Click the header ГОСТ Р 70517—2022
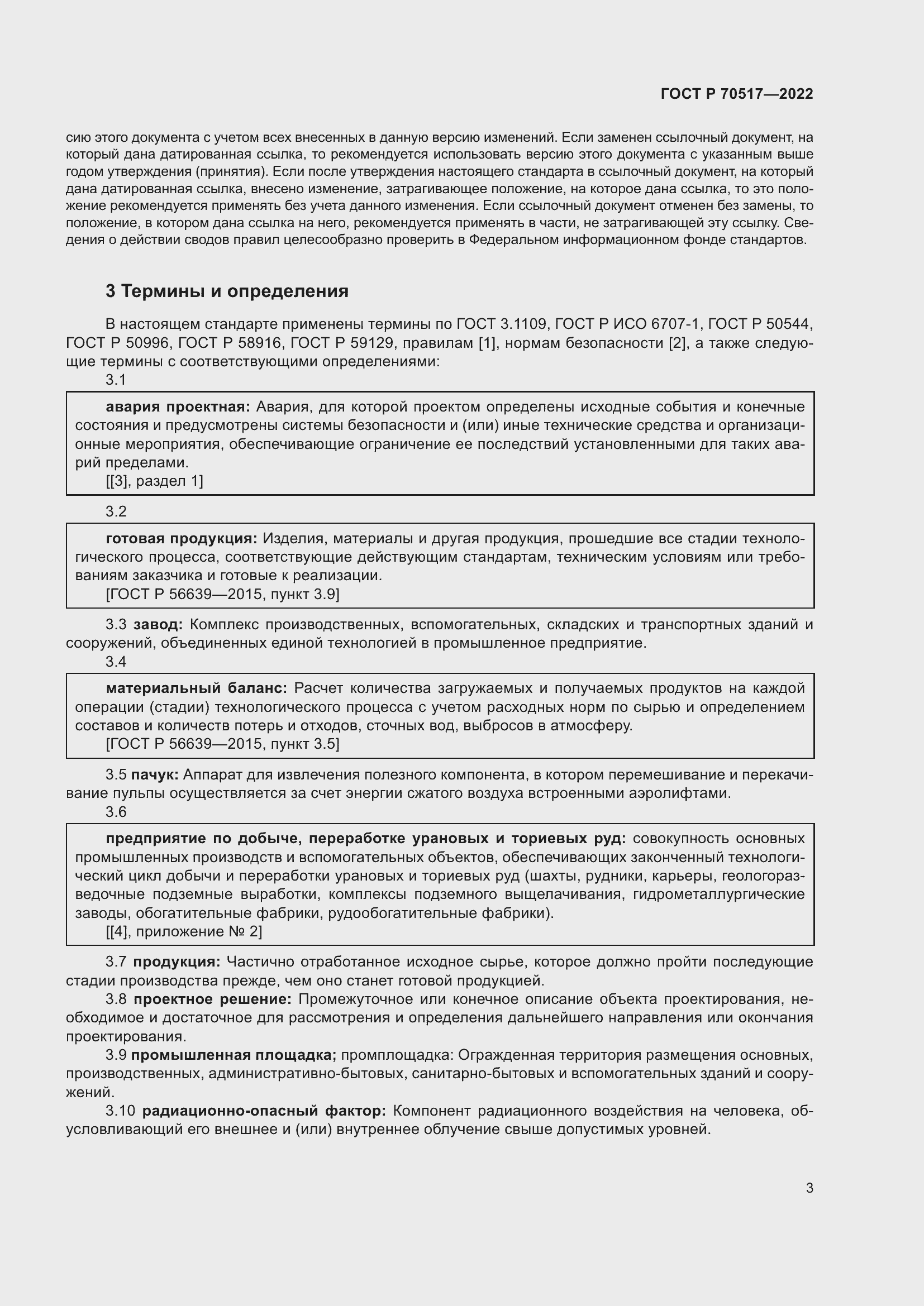(x=737, y=94)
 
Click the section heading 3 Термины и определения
(x=227, y=291)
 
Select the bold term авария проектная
(x=178, y=406)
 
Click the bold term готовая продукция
(x=181, y=539)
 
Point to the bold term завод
(x=158, y=625)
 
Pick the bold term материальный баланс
(x=196, y=688)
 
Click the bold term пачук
(x=155, y=775)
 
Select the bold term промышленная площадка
(x=234, y=1055)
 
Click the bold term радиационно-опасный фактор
(x=264, y=1111)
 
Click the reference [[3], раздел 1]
(x=154, y=481)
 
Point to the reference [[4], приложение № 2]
(x=184, y=932)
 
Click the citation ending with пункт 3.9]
(x=222, y=595)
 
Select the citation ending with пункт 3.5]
(x=222, y=744)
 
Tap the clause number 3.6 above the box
(x=116, y=812)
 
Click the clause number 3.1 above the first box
(x=116, y=380)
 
